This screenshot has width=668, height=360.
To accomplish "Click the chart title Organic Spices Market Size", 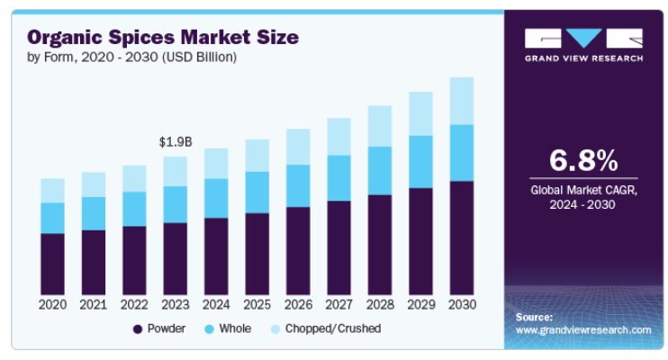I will (162, 38).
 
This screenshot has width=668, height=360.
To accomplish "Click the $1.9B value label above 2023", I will (176, 141).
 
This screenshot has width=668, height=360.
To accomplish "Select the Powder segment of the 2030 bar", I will (462, 238).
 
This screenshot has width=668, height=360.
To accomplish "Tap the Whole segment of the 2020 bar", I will (53, 218).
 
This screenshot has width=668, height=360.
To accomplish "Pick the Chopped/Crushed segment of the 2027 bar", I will (339, 137).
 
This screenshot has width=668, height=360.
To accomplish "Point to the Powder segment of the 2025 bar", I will (257, 253).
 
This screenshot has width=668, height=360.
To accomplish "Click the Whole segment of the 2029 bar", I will (421, 162).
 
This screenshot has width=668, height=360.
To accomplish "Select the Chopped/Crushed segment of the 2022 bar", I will (134, 178).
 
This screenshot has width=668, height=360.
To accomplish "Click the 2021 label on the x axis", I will (94, 305).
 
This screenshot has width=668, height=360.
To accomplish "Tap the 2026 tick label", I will (298, 305).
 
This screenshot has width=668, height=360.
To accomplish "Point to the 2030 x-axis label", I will (462, 305).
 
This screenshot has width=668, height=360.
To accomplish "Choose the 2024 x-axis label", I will (216, 305).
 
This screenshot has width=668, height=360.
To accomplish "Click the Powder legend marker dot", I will (137, 329).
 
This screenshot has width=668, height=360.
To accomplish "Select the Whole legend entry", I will (228, 328).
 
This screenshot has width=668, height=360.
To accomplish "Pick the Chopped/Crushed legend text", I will (333, 328).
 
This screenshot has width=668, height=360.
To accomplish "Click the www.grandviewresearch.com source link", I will (582, 330).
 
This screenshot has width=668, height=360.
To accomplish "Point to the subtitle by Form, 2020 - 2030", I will (131, 58).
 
